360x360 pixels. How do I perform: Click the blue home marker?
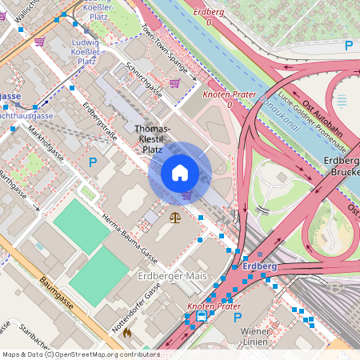click(180, 173)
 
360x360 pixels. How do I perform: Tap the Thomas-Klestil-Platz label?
click(151, 138)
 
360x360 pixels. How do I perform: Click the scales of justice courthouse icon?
click(176, 217)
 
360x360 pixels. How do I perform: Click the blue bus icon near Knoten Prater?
click(201, 316)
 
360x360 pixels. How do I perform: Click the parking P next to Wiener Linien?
click(237, 318)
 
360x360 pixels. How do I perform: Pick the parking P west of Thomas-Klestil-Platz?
click(93, 162)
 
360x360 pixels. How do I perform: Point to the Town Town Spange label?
click(164, 49)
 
